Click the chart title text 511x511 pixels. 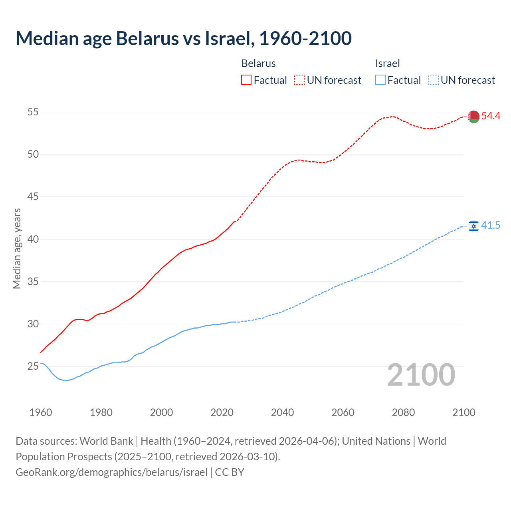click(184, 38)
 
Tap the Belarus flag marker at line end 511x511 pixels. click(473, 116)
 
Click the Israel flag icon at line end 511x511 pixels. click(473, 226)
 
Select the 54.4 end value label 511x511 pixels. click(491, 116)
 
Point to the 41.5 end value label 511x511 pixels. click(491, 226)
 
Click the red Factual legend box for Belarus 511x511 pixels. click(246, 80)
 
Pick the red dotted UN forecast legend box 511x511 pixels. click(299, 80)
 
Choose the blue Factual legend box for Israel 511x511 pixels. click(380, 80)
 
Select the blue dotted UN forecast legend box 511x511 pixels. click(433, 80)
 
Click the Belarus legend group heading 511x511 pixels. click(258, 63)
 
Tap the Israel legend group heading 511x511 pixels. click(387, 63)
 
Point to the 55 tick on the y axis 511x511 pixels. click(33, 112)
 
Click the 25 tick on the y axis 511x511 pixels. click(33, 366)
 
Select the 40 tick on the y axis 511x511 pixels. click(33, 239)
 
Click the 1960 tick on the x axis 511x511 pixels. click(41, 412)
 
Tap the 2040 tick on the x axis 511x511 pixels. click(282, 412)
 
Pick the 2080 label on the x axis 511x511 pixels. click(403, 412)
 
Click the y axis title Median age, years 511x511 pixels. click(17, 248)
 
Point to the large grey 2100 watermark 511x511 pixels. click(421, 375)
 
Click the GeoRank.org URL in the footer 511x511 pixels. click(111, 472)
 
